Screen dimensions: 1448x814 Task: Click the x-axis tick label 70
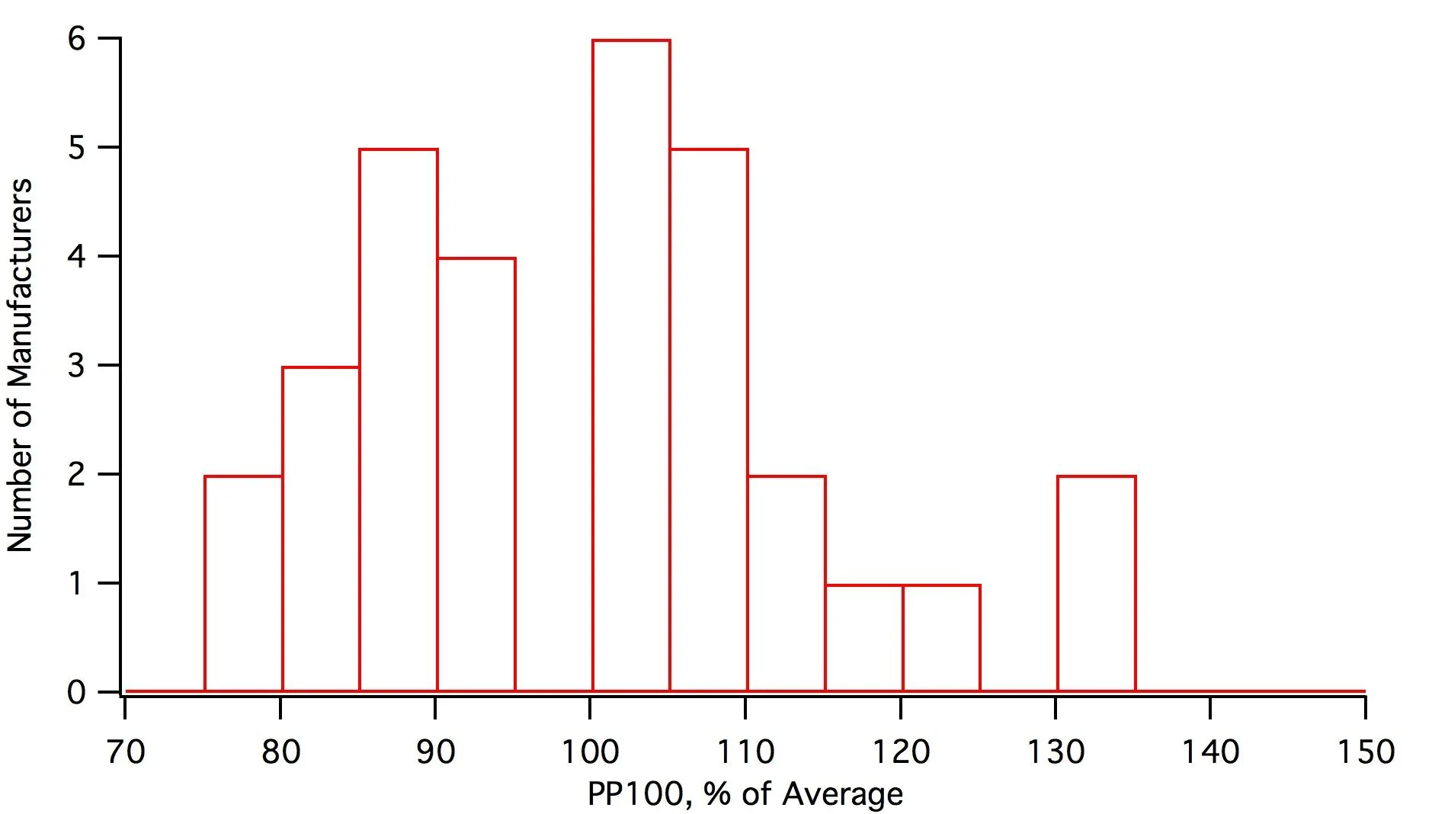[126, 752]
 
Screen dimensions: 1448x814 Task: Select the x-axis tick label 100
[591, 752]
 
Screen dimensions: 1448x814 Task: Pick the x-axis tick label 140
[1211, 752]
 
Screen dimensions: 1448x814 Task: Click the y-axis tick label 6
[76, 38]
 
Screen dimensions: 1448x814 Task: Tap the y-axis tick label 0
[76, 692]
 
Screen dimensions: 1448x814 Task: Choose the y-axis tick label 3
[76, 365]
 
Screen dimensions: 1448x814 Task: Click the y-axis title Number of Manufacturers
[21, 365]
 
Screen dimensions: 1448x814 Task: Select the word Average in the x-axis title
[843, 794]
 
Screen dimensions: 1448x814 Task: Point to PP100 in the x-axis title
[636, 794]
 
